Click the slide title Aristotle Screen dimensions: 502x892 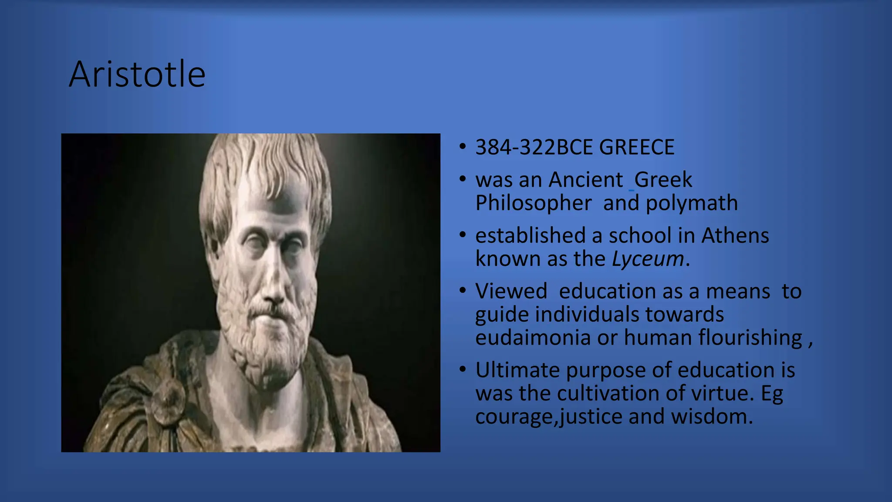point(137,74)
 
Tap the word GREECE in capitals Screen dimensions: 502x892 point(636,147)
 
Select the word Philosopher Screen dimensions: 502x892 point(533,203)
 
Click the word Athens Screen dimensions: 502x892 point(735,235)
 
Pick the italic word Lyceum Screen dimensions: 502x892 point(648,259)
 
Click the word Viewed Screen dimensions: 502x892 point(511,291)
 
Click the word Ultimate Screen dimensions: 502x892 point(517,370)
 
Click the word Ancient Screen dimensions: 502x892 point(585,180)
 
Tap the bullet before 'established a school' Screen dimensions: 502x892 point(463,235)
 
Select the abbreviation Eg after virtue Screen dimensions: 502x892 point(772,393)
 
